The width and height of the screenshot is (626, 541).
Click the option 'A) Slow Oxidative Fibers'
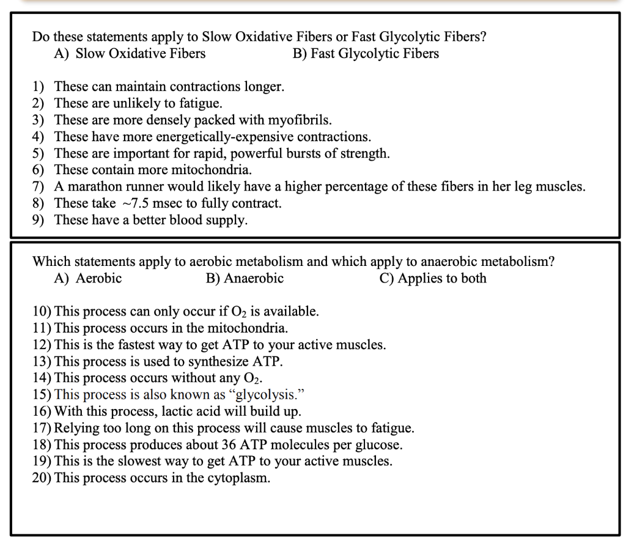pos(130,54)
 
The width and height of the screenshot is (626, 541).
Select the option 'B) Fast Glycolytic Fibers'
pos(366,54)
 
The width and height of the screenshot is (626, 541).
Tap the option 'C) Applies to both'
pos(433,279)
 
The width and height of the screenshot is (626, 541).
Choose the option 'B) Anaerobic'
pos(245,279)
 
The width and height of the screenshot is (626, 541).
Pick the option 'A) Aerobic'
pos(88,279)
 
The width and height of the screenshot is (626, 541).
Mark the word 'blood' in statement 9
pos(186,220)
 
